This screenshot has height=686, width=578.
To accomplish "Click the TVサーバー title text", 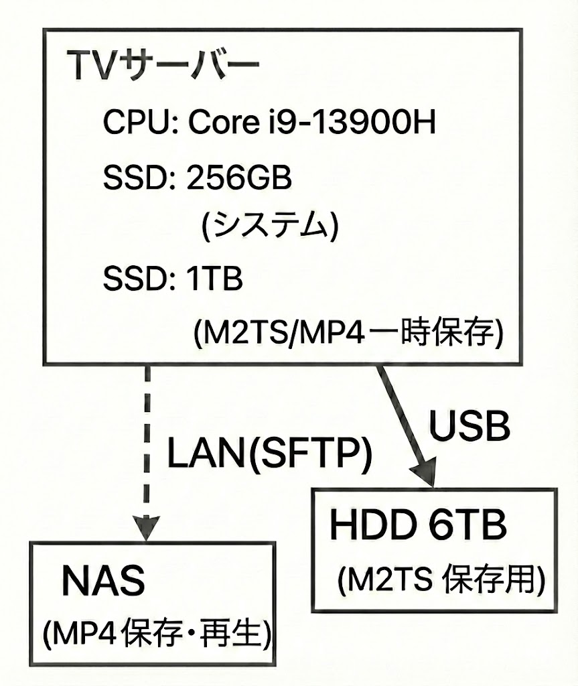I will coord(163,68).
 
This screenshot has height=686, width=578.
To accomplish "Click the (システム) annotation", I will coord(270,226).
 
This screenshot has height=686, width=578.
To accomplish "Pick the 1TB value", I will coord(216,278).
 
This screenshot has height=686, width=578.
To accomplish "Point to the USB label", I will coord(469,425).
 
